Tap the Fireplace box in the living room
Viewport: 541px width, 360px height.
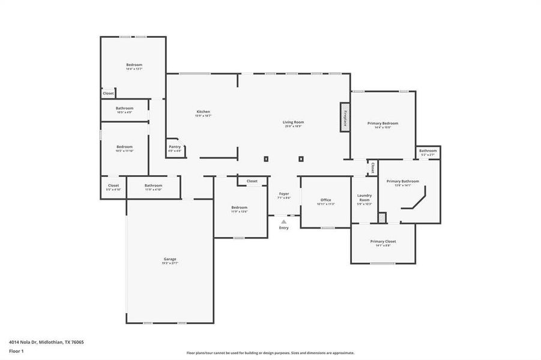[x=345, y=116]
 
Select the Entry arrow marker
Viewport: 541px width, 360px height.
[x=284, y=221]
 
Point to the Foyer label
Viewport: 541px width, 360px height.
[x=284, y=195]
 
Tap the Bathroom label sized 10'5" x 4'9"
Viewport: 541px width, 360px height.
[x=124, y=110]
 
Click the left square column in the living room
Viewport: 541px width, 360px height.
[x=266, y=159]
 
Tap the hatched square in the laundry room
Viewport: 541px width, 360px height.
[x=381, y=217]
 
